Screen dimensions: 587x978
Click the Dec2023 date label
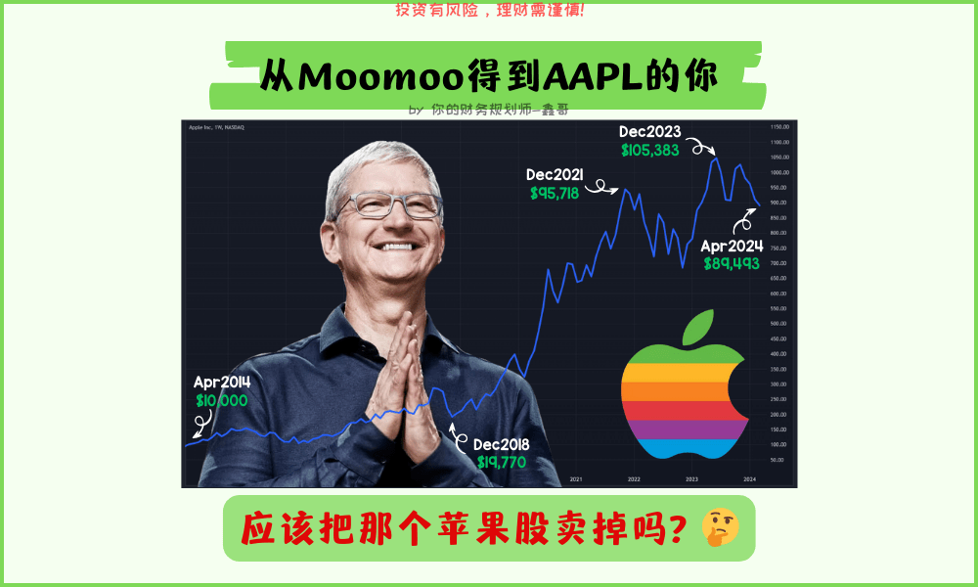point(650,132)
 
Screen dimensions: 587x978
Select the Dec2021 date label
point(555,175)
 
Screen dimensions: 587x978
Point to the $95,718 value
point(555,194)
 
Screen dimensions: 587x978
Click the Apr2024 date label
point(732,246)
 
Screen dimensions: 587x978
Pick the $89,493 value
point(732,263)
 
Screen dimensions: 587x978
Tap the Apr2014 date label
point(222,383)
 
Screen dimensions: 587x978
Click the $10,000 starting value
point(222,400)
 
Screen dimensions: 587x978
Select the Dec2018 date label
point(504,444)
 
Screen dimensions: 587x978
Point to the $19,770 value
point(504,462)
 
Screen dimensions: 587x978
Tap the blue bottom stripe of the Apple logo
point(685,449)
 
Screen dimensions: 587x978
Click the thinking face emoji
point(721,528)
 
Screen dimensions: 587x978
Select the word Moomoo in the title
point(379,77)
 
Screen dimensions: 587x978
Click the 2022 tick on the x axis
point(634,479)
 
